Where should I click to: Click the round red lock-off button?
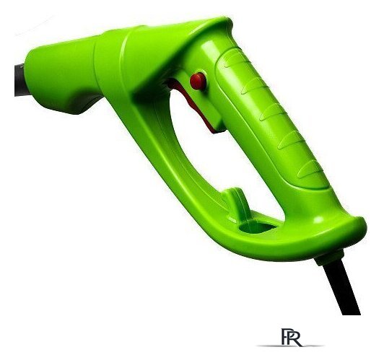198,82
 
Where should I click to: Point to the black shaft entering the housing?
21,80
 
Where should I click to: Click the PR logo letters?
291,337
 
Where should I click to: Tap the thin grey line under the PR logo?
290,346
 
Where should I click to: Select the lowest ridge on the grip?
310,169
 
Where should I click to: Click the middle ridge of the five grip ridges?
272,112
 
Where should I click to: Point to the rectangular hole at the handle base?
257,227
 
